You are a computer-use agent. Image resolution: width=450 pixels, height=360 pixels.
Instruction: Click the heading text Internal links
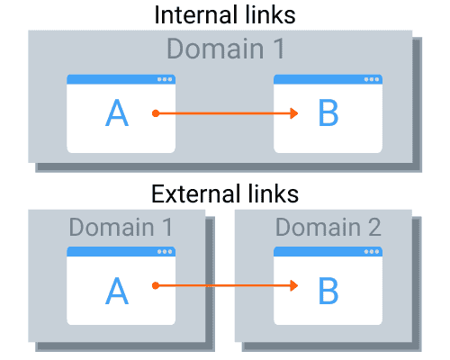(224, 15)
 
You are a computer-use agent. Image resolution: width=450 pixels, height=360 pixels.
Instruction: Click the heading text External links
(224, 193)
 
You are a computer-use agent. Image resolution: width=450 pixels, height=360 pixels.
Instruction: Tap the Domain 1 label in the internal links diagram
(224, 49)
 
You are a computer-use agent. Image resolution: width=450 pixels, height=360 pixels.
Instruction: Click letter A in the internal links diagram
(117, 113)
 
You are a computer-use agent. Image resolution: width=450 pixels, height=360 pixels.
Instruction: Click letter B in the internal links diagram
(328, 113)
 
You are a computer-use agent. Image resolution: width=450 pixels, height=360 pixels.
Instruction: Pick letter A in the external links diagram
(117, 289)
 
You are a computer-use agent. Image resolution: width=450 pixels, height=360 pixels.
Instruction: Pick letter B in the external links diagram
(328, 289)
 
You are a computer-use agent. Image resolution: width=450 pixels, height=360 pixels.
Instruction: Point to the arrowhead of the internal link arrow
(293, 113)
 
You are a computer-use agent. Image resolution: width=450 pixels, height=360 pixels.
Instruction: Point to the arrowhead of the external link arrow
(293, 286)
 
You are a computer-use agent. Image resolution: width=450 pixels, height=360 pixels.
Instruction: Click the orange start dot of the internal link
(156, 113)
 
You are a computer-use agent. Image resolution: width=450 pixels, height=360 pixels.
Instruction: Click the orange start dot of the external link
(156, 286)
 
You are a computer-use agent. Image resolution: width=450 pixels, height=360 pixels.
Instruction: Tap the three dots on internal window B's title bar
(372, 79)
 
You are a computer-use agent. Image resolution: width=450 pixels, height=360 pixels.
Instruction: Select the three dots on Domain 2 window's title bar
(372, 251)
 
